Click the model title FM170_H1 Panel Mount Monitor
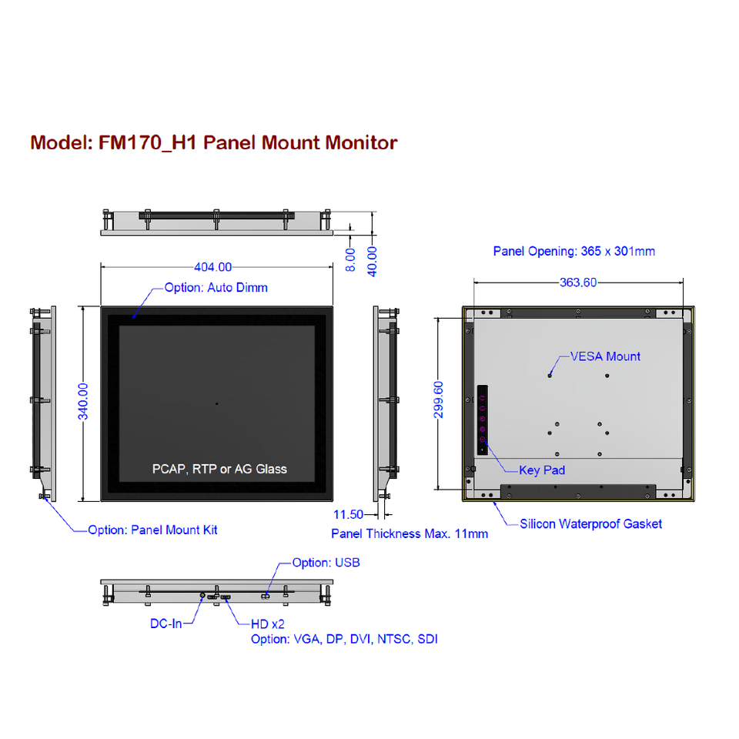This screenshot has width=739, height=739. (213, 143)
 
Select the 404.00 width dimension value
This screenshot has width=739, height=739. (212, 268)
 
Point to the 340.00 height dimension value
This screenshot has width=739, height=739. (83, 401)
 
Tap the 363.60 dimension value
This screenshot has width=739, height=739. (578, 283)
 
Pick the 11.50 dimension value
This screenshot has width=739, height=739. (347, 514)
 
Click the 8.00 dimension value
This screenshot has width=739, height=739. (350, 259)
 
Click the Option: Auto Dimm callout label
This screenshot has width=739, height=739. (216, 288)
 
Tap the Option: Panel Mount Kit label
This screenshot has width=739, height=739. (152, 530)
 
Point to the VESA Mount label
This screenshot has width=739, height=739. (605, 356)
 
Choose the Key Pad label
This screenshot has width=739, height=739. (542, 470)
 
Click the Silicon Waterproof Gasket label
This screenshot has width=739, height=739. (590, 524)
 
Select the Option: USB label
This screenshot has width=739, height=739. (326, 563)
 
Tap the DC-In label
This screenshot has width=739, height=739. (166, 624)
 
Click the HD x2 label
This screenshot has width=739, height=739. (268, 624)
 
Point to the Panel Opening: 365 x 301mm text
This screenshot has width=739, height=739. (573, 251)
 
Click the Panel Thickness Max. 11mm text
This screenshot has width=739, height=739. (409, 533)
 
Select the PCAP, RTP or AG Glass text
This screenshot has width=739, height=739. (219, 469)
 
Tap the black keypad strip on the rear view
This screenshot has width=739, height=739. (482, 420)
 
